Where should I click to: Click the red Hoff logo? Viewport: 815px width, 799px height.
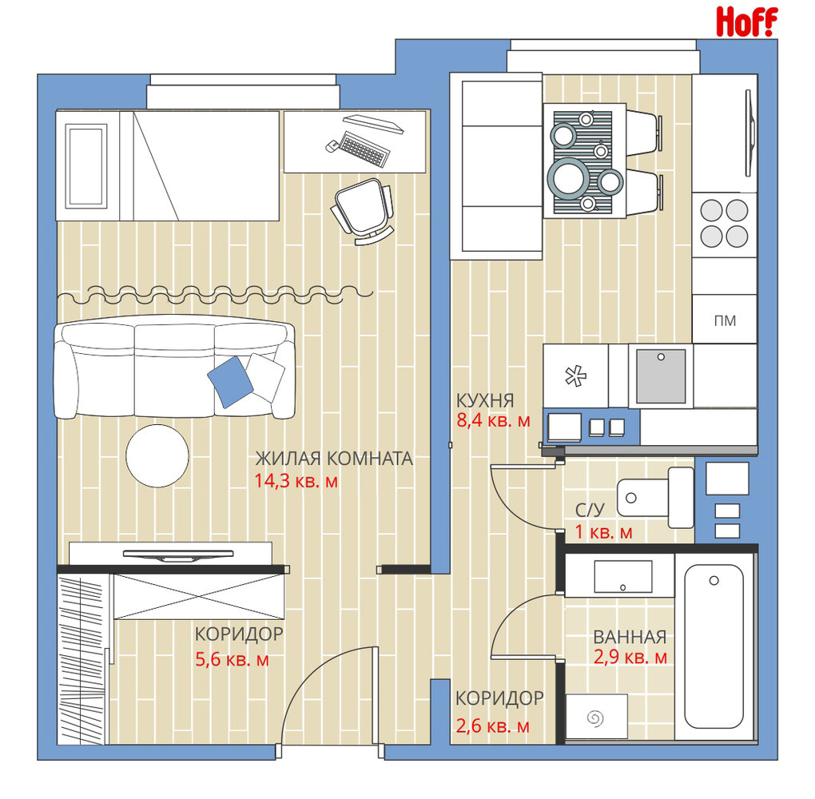click(x=746, y=22)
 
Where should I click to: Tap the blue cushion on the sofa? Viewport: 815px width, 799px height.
click(x=230, y=382)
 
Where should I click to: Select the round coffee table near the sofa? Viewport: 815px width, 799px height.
click(x=157, y=456)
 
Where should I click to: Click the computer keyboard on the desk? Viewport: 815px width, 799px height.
click(x=364, y=149)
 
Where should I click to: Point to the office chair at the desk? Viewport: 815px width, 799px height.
click(x=363, y=212)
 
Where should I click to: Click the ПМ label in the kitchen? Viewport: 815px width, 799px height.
click(x=725, y=320)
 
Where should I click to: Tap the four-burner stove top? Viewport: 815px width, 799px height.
click(x=724, y=224)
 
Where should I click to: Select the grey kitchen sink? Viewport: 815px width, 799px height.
click(x=661, y=376)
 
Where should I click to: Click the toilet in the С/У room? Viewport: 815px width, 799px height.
click(x=655, y=498)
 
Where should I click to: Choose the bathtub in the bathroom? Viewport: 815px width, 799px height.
click(x=714, y=646)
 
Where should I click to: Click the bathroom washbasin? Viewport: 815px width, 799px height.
click(x=622, y=576)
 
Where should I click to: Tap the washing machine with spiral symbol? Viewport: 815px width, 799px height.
click(x=596, y=717)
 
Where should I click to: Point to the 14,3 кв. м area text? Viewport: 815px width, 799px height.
click(x=296, y=481)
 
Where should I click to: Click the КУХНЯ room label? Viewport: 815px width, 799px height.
click(x=485, y=401)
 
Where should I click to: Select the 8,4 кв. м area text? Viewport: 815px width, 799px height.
click(x=493, y=420)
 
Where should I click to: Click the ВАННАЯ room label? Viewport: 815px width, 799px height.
click(x=630, y=637)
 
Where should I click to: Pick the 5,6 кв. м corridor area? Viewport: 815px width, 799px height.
click(x=232, y=660)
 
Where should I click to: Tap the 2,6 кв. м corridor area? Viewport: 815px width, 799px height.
click(x=492, y=725)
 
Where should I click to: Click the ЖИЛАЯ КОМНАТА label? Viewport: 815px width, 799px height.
click(x=334, y=459)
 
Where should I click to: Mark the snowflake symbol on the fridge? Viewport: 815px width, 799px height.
click(x=575, y=376)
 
